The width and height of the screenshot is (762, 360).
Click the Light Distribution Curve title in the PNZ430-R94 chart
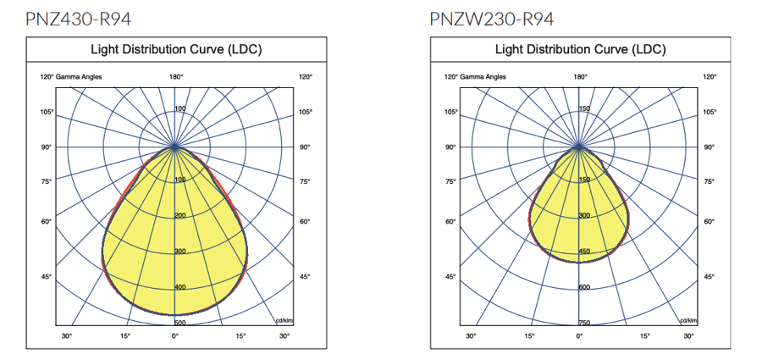(x=176, y=49)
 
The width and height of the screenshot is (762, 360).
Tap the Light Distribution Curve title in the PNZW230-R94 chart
(x=580, y=49)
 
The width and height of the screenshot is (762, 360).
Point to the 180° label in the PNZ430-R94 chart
(x=176, y=77)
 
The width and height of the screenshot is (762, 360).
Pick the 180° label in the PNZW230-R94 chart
(x=580, y=77)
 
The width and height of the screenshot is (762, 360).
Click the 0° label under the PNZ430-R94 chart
(x=176, y=336)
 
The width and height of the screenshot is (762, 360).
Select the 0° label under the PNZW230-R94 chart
(x=580, y=336)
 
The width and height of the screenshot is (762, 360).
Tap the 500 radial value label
(x=179, y=323)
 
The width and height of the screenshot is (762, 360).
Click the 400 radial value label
(x=179, y=287)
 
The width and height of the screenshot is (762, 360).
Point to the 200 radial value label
(x=179, y=216)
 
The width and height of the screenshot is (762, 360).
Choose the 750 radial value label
(x=583, y=323)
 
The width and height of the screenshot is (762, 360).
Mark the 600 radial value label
(x=583, y=287)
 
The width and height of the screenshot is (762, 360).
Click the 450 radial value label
(x=583, y=252)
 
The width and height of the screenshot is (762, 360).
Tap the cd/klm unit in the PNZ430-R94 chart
(x=284, y=320)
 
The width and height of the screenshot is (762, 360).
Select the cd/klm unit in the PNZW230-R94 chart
(x=687, y=320)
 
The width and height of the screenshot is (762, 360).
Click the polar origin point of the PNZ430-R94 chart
(x=175, y=147)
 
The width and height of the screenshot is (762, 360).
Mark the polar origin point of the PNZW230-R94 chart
(x=579, y=147)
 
